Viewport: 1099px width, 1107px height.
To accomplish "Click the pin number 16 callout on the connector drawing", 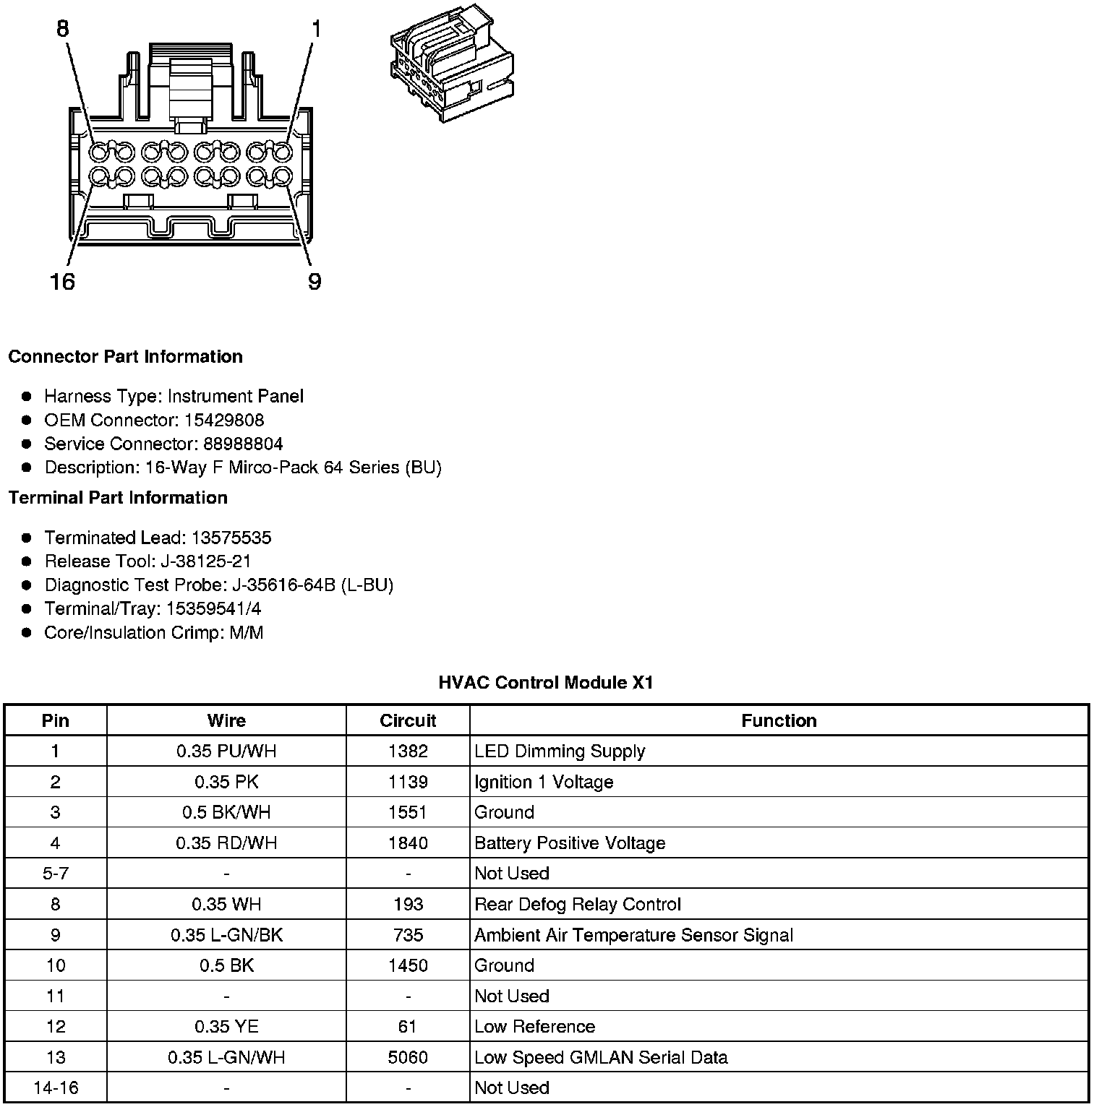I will pyautogui.click(x=63, y=280).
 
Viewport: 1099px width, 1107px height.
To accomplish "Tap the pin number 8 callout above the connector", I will pyautogui.click(x=63, y=29).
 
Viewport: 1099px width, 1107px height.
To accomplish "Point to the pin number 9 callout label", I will pyautogui.click(x=314, y=281).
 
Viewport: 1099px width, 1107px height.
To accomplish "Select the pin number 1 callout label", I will pyautogui.click(x=316, y=29).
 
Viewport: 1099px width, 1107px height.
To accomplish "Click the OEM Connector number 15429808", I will pyautogui.click(x=223, y=420).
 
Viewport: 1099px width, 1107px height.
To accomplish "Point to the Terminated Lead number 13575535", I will pyautogui.click(x=231, y=538).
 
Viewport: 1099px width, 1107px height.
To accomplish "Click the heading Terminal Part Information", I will pyautogui.click(x=118, y=498).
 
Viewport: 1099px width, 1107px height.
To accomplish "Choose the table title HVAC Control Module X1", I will pyautogui.click(x=546, y=682).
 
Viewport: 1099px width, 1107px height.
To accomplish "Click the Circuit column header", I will pyautogui.click(x=408, y=720).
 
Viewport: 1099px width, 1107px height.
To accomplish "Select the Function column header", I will pyautogui.click(x=779, y=720).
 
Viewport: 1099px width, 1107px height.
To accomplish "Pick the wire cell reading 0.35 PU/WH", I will pyautogui.click(x=226, y=751).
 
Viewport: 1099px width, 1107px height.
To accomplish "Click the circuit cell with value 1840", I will pyautogui.click(x=408, y=843).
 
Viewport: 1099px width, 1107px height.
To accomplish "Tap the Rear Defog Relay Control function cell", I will pyautogui.click(x=577, y=905).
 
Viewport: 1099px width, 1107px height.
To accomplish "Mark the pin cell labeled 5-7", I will pyautogui.click(x=56, y=874).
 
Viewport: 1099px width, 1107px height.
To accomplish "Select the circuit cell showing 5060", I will pyautogui.click(x=408, y=1058).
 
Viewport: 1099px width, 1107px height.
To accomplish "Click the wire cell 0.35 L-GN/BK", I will pyautogui.click(x=226, y=935).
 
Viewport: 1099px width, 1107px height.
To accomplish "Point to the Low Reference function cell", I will pyautogui.click(x=534, y=1027).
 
